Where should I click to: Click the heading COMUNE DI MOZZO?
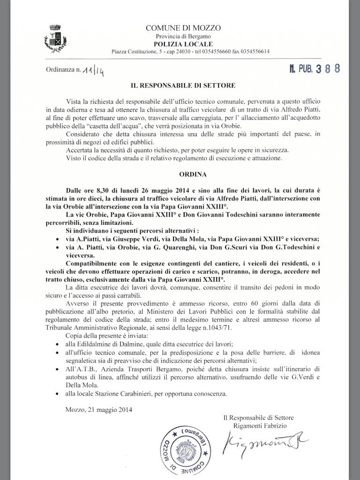click(183, 29)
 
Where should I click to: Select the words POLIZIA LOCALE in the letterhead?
click(183, 44)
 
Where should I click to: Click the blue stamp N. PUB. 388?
click(314, 68)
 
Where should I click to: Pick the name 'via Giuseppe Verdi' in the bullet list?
click(125, 239)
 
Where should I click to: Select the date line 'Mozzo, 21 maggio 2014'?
click(99, 410)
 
